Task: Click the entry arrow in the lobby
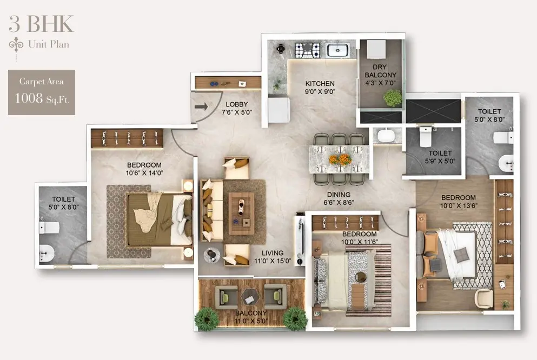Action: [x=201, y=107]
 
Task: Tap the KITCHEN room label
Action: [x=320, y=83]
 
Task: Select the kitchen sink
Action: [x=337, y=50]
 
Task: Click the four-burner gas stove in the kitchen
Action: [x=308, y=50]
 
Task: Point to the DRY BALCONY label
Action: [x=380, y=71]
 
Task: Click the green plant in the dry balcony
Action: [x=393, y=98]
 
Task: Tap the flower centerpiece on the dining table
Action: [x=340, y=159]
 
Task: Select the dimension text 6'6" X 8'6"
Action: [x=339, y=203]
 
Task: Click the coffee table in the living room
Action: [x=241, y=214]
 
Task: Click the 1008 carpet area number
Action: [x=29, y=98]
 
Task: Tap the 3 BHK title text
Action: [x=41, y=24]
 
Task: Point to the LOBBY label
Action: [x=237, y=104]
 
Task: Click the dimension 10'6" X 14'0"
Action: [x=144, y=173]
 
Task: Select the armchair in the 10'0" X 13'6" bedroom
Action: [x=483, y=298]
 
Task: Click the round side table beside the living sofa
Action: [x=212, y=255]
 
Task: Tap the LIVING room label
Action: [x=273, y=253]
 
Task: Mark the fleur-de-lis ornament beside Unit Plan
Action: [x=16, y=45]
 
